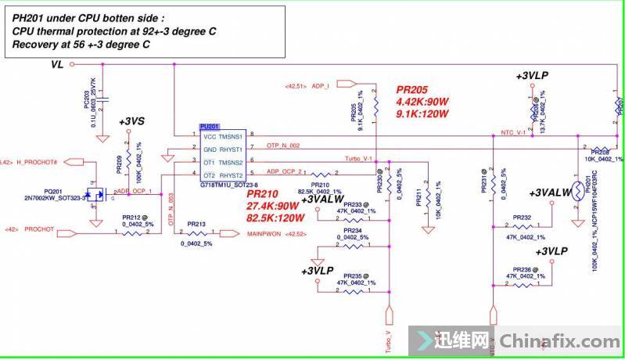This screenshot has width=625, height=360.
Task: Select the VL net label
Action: pos(57,67)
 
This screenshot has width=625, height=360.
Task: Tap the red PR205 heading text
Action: pos(411,90)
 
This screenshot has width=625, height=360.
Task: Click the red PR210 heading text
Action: pos(263,193)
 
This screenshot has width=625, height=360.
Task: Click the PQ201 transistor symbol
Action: pos(97,193)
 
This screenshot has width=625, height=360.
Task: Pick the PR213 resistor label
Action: pos(196,224)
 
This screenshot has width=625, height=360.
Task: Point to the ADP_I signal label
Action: pos(320,84)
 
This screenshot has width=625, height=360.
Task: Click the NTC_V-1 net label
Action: pos(512,133)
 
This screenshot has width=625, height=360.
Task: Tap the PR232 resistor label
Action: pos(522,218)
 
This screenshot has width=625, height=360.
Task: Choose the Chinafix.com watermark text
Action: pos(559,341)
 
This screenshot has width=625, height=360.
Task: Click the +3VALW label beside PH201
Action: pos(551,193)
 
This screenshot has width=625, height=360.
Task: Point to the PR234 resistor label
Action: pos(352,230)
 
